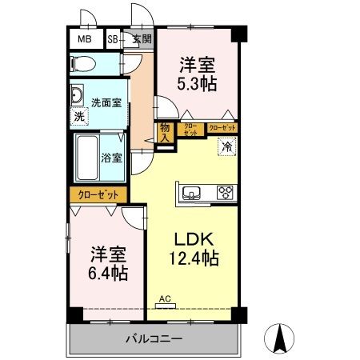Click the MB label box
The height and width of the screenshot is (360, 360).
tap(84, 38)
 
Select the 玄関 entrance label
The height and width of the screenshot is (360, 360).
tap(141, 38)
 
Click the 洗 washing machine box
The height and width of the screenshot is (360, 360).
tap(79, 116)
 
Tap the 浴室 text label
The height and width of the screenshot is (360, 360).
tap(111, 158)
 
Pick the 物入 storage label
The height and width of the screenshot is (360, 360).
tap(164, 131)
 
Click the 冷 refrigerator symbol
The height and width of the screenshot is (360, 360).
tap(226, 146)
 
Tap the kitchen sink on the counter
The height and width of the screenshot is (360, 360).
tap(193, 193)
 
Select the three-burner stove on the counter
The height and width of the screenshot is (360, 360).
tap(225, 192)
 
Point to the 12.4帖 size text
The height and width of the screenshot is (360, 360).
tap(193, 259)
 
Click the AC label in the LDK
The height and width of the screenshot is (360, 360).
tap(166, 299)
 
